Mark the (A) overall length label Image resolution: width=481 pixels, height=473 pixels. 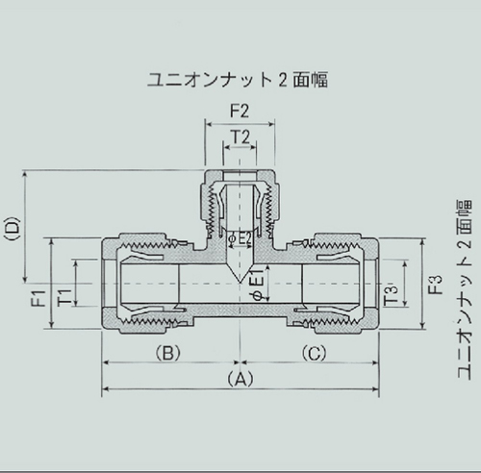240,379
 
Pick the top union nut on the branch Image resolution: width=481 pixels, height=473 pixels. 240,197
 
